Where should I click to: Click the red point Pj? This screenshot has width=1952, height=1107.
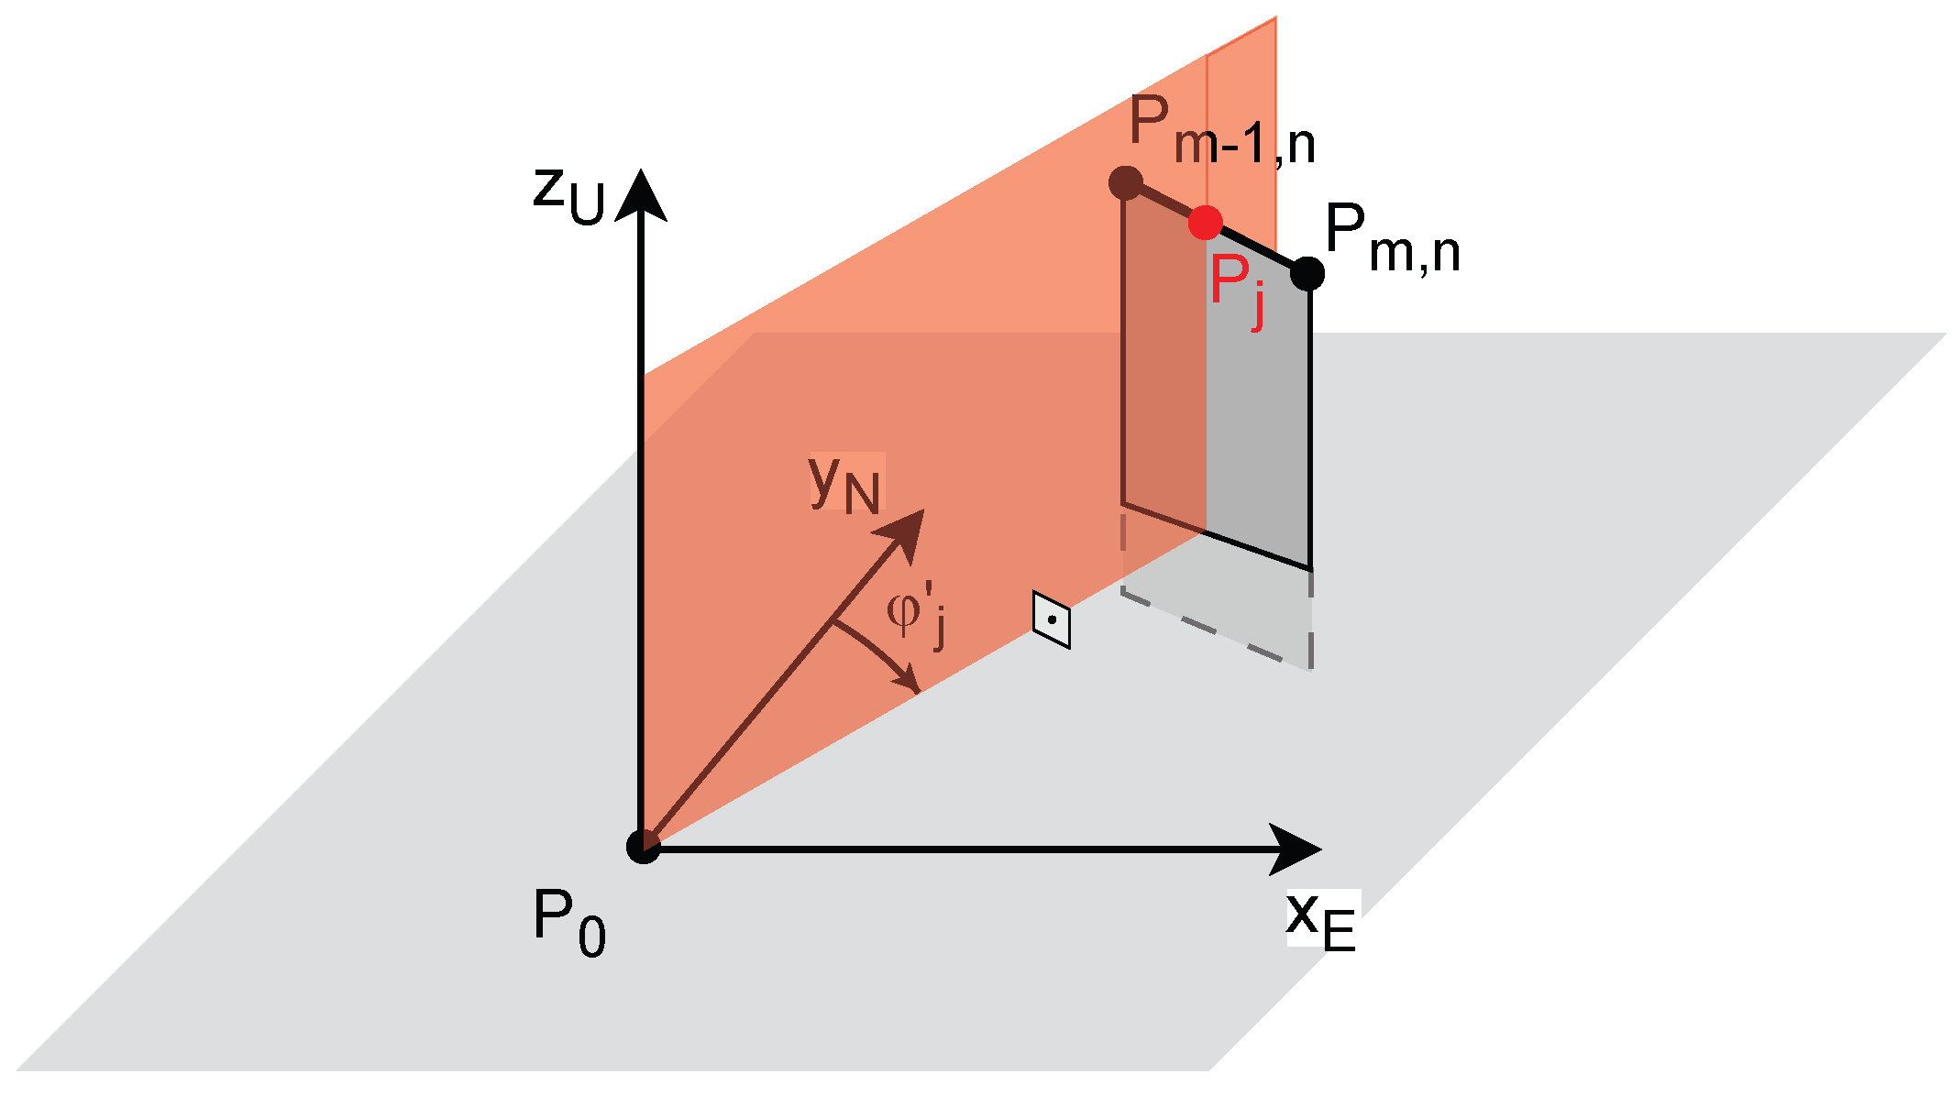point(1205,223)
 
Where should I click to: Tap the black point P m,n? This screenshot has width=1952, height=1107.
point(1307,273)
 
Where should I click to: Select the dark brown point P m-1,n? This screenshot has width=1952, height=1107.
point(1125,182)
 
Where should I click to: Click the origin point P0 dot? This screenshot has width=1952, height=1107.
point(643,846)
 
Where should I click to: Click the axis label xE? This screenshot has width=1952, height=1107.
point(1321,919)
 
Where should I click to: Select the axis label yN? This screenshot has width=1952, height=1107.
point(844,483)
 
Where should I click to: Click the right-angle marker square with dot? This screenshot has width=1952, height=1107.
point(1052,619)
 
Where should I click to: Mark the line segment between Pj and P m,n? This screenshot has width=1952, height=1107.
point(1258,248)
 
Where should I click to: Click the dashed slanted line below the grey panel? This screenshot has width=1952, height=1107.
point(1215,630)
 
